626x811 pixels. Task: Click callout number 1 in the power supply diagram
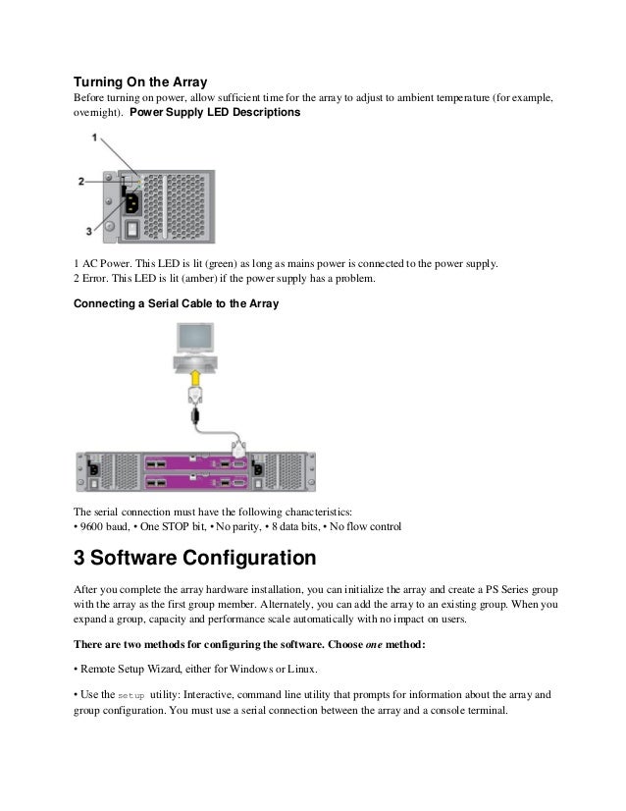pos(93,139)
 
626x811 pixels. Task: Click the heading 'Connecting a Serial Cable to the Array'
pos(177,303)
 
